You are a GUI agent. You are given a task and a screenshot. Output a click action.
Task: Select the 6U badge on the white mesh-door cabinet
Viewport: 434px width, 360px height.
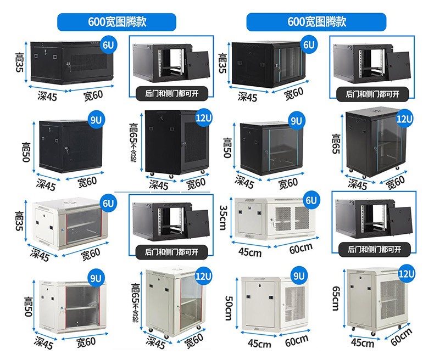coord(311,200)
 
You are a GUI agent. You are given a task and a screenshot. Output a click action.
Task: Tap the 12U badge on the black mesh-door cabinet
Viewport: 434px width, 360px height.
coord(203,118)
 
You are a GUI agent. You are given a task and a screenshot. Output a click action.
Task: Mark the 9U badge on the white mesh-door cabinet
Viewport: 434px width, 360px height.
coord(300,275)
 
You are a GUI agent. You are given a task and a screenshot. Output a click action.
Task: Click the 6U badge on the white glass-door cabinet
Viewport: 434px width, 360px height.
coord(108,204)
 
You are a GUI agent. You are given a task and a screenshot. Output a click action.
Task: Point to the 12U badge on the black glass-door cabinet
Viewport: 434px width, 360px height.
coord(404,118)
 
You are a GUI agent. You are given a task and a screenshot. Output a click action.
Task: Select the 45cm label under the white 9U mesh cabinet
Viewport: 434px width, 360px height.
coord(259,344)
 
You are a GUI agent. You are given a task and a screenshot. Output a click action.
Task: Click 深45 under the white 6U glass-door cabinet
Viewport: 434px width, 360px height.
coord(40,255)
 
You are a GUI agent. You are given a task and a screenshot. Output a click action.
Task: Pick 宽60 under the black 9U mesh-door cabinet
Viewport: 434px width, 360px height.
coord(87,181)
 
